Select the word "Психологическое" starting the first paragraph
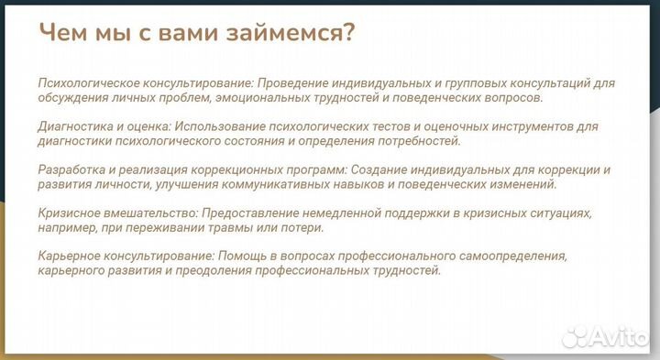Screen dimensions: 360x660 point(87,82)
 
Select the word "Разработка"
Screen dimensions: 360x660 point(71,170)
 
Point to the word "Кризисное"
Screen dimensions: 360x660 point(68,213)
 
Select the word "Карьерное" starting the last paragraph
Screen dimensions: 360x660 point(69,256)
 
